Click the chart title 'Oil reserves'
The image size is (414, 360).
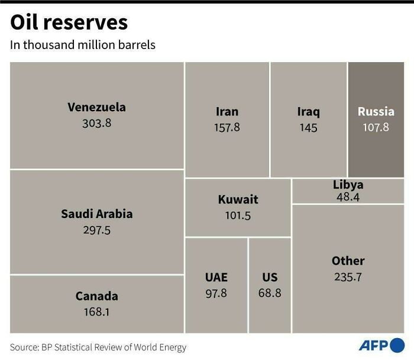coord(69,22)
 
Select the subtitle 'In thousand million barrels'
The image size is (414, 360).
coord(83,45)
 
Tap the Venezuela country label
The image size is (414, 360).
coord(96,107)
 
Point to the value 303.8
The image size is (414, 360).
coord(96,123)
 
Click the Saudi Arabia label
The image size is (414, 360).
coord(96,214)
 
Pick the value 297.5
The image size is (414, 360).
coord(96,230)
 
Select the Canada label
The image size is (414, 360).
coord(96,296)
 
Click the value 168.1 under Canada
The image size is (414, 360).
coord(96,312)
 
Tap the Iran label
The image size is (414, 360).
coord(227,112)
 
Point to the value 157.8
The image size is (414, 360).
coord(227,127)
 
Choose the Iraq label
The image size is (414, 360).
coord(308,112)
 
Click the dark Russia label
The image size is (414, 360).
coord(376,111)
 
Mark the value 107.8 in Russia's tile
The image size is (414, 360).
coord(376,127)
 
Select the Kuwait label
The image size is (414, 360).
coord(238,200)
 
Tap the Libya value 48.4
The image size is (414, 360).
coord(348,197)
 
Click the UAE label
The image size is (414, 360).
coord(216,277)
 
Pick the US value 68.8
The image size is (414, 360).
coord(270,293)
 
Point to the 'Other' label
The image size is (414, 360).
coord(348,261)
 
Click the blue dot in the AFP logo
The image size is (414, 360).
coord(397,345)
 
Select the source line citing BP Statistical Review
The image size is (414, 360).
coord(98,348)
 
